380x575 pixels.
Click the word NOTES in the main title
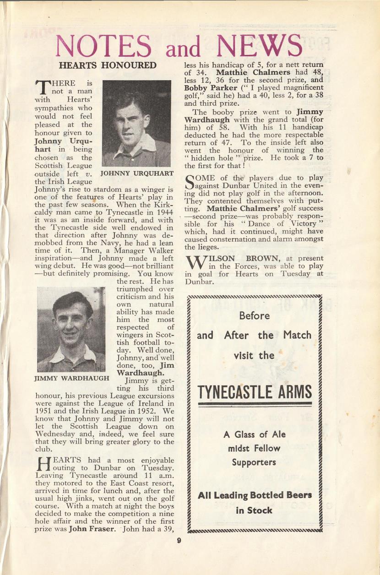pos(103,47)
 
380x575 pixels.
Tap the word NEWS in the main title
pos(260,47)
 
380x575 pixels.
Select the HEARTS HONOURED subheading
pos(108,65)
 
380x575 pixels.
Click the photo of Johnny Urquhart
pos(136,123)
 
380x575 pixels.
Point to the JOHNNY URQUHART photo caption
pos(136,174)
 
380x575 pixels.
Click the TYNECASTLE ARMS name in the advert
pos(255,392)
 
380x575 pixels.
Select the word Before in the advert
pos(254,315)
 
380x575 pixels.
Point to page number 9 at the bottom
pos(179,541)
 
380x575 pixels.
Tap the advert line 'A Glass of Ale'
pos(255,434)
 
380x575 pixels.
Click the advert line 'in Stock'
pos(254,510)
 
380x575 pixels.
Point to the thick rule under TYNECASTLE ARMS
pos(255,404)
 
